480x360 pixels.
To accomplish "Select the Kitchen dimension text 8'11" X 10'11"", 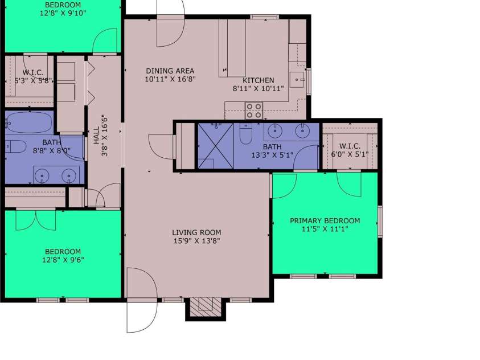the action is pyautogui.click(x=258, y=89).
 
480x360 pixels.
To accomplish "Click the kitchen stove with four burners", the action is pyautogui.click(x=254, y=111).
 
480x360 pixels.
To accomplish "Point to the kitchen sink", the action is pyautogui.click(x=297, y=80).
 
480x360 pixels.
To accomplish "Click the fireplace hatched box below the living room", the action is pyautogui.click(x=206, y=307).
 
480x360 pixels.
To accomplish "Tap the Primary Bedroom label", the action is pyautogui.click(x=325, y=224).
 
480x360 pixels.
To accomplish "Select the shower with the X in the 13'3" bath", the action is pyautogui.click(x=215, y=146).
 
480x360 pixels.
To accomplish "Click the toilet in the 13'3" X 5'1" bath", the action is pyautogui.click(x=245, y=134).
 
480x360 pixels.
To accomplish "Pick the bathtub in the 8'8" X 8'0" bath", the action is pyautogui.click(x=29, y=122).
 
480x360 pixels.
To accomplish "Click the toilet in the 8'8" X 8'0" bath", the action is pyautogui.click(x=15, y=146).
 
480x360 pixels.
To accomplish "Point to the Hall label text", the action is pyautogui.click(x=97, y=136).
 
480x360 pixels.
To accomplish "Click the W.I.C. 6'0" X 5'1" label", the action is pyautogui.click(x=350, y=150).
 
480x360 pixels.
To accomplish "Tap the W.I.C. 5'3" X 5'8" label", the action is pyautogui.click(x=33, y=76).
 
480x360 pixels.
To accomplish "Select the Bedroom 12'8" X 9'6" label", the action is pyautogui.click(x=63, y=256).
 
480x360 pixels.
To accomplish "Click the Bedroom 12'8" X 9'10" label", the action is pyautogui.click(x=63, y=9).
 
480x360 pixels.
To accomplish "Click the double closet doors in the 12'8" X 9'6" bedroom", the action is pyautogui.click(x=36, y=219).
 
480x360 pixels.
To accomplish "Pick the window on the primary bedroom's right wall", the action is pyautogui.click(x=380, y=222).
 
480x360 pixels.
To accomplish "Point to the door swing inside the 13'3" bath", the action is pyautogui.click(x=306, y=157).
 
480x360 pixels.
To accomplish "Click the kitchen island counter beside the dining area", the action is pyautogui.click(x=232, y=48).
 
